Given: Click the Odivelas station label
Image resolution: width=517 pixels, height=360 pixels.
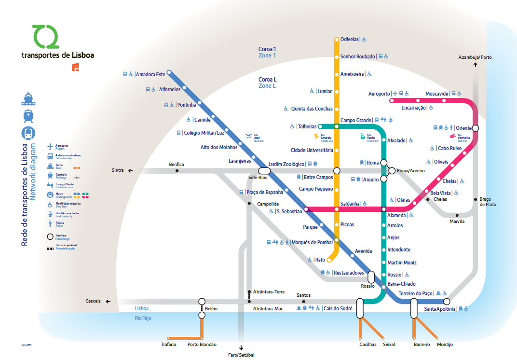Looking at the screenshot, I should tap(350, 39).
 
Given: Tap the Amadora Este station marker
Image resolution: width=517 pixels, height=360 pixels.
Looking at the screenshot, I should tap(169, 74).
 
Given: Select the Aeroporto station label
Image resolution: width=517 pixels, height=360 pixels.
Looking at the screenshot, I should tap(379, 94).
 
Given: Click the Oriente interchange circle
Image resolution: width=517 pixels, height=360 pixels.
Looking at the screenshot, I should tap(476, 128).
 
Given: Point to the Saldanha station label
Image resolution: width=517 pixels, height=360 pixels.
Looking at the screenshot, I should tap(350, 204).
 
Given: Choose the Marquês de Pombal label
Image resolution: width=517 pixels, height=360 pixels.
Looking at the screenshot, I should tap(313, 242).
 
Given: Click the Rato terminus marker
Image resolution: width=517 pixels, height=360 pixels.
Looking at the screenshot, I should tap(329, 260).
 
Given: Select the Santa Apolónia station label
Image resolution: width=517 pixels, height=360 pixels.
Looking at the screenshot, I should tap(439, 309).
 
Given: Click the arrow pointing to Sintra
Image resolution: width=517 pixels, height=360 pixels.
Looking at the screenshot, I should tap(130, 170).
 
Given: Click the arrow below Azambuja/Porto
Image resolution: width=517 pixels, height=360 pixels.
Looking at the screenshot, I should tap(476, 65).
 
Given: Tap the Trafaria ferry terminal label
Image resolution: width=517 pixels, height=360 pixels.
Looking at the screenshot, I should tap(168, 345).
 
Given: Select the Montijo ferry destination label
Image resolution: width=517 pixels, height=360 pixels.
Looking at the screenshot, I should tap(445, 345).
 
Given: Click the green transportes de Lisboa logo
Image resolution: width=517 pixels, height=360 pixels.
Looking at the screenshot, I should tap(45, 37).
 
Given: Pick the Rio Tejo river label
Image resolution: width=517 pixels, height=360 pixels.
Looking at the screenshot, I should tap(143, 318).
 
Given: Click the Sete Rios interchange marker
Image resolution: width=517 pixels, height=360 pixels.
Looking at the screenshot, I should tap(264, 170).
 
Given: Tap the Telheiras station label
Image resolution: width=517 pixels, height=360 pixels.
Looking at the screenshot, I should tap(307, 126).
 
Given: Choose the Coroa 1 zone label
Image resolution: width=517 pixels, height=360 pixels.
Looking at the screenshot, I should tap(267, 49).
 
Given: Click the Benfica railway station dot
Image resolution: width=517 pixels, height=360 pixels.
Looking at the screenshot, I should tap(177, 171).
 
